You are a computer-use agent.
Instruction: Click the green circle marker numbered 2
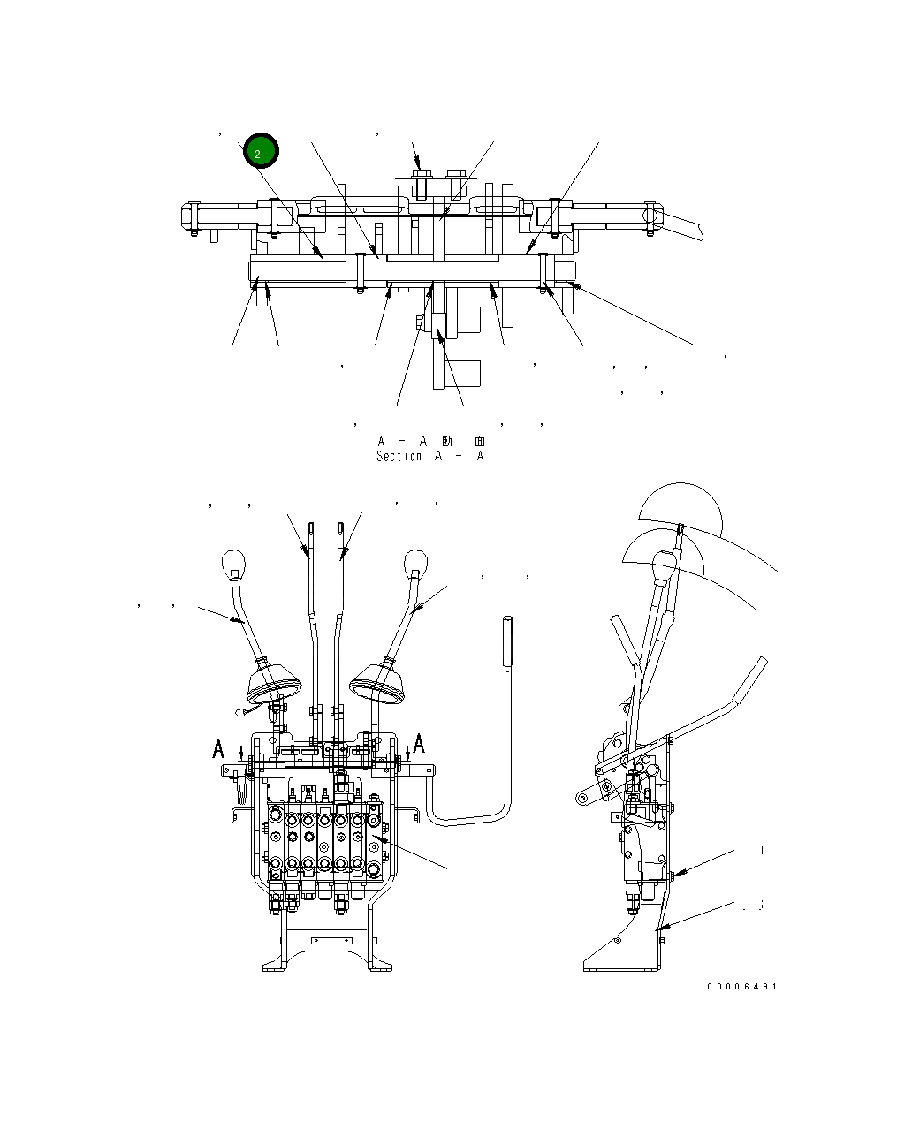tap(261, 152)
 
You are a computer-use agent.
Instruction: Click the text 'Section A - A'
tap(429, 457)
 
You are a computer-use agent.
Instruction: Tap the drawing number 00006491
tap(741, 986)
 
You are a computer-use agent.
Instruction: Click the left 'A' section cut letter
tap(218, 749)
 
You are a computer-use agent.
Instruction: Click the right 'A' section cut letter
tap(419, 742)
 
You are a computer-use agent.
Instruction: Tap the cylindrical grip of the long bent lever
tap(508, 642)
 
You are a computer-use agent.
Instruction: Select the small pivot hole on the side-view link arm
tap(582, 799)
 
